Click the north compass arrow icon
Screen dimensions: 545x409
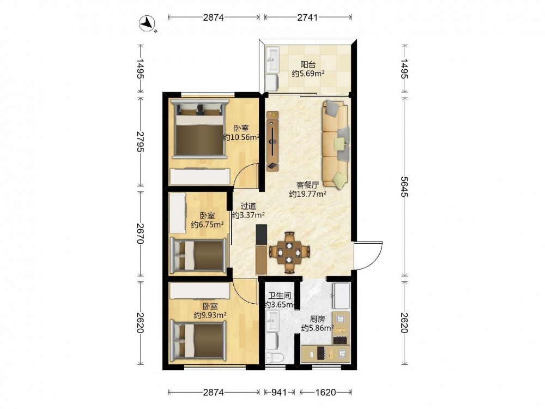[148, 24]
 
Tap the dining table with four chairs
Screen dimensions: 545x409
[289, 252]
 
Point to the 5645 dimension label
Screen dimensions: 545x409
[404, 187]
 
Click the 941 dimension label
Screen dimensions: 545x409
[278, 392]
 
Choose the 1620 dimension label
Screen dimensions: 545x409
[326, 392]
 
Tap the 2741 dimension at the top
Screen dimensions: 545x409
[307, 17]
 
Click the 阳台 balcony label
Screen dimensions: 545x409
[308, 64]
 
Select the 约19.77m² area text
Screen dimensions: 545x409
[307, 194]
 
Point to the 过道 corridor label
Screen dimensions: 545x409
[248, 206]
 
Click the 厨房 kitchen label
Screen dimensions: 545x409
[317, 319]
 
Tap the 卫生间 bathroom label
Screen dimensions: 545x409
[280, 296]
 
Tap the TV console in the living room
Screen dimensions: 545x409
[272, 141]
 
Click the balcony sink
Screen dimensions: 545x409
[272, 60]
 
